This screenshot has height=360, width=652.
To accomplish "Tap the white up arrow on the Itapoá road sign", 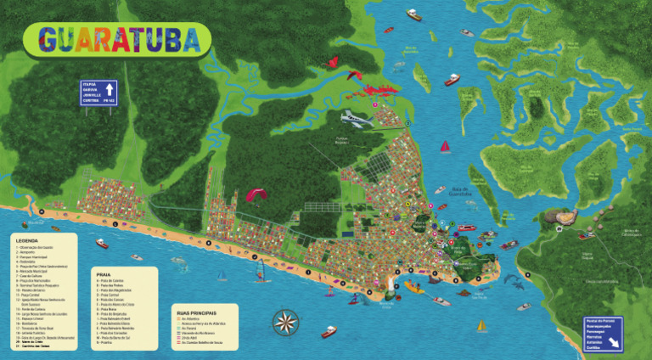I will pyautogui.click(x=110, y=89).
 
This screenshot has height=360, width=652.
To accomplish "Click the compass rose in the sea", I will pyautogui.click(x=286, y=322).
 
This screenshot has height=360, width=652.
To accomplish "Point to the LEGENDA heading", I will pyautogui.click(x=26, y=240).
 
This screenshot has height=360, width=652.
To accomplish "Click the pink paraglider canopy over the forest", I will pyautogui.click(x=256, y=194).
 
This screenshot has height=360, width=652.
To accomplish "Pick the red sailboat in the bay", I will pyautogui.click(x=445, y=147).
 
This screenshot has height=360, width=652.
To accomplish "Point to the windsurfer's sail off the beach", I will pyautogui.click(x=265, y=273).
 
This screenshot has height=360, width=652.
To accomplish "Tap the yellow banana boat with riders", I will pyautogui.click(x=413, y=288).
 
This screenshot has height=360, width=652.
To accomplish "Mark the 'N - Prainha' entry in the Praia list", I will pyautogui.click(x=107, y=343).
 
